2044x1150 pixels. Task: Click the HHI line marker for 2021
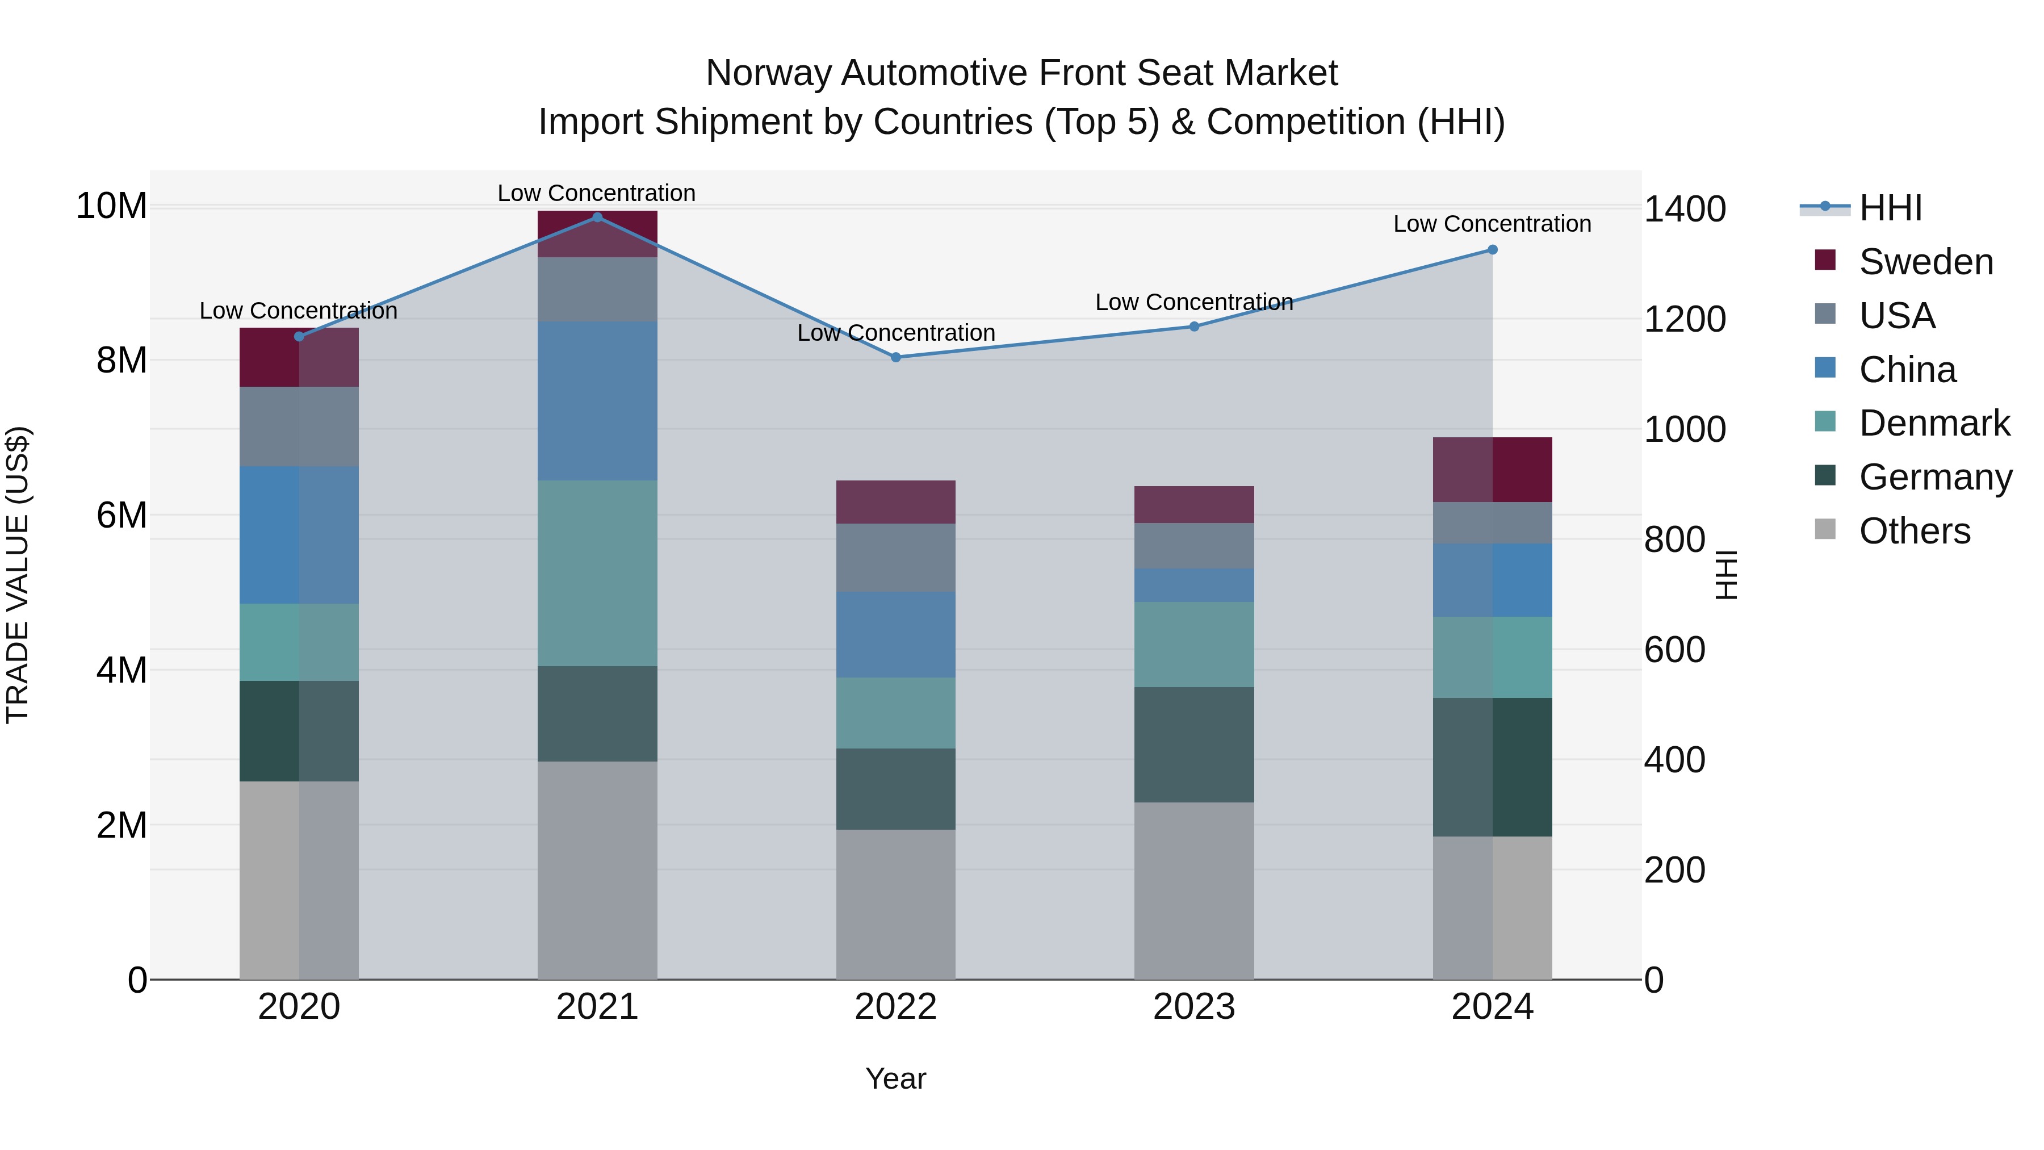[x=597, y=218]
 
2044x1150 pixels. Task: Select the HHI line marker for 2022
[x=896, y=357]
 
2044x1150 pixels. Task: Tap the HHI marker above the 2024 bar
[x=1493, y=250]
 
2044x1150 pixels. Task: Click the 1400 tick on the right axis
[x=1685, y=209]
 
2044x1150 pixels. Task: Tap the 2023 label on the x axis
[x=1194, y=1007]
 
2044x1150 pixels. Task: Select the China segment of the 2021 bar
[x=597, y=401]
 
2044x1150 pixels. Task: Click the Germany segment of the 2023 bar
[x=1194, y=745]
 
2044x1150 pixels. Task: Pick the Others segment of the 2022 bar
[x=896, y=905]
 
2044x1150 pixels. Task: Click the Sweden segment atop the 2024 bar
[x=1493, y=470]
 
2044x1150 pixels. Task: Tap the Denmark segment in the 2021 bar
[x=597, y=573]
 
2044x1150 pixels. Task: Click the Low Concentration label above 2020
[x=298, y=311]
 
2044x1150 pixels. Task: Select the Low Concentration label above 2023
[x=1194, y=302]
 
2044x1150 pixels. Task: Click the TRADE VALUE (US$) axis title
[x=18, y=575]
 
